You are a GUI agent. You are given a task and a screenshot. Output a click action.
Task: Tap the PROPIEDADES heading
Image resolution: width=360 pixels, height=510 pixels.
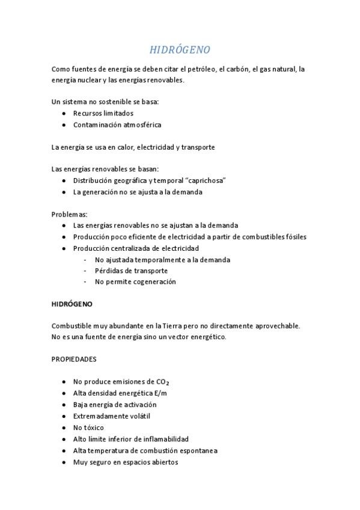click(x=74, y=359)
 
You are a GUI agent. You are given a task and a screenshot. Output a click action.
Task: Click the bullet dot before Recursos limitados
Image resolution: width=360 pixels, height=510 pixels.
click(x=64, y=113)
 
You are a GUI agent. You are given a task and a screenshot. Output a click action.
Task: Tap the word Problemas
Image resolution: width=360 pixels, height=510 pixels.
click(x=69, y=214)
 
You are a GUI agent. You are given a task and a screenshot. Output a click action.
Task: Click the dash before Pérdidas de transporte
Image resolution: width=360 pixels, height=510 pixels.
click(x=86, y=271)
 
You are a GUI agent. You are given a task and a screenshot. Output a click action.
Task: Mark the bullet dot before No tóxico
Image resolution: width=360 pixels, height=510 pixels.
click(x=64, y=428)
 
